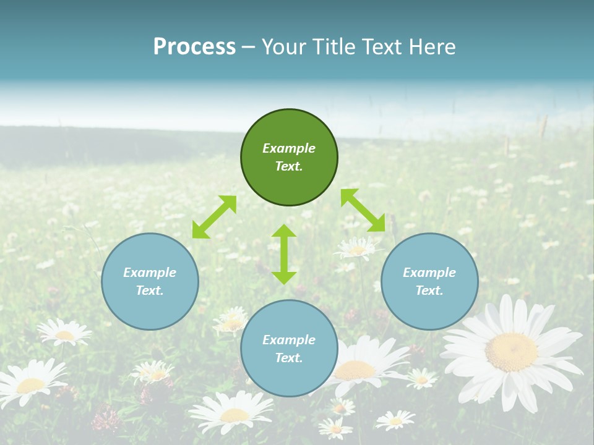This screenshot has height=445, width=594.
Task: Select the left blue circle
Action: tap(150, 281)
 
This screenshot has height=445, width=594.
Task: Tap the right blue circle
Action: tap(429, 281)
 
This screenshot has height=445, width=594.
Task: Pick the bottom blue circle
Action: tap(289, 348)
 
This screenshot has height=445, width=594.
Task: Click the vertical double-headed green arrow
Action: tap(284, 254)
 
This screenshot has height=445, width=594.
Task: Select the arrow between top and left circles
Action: tap(214, 217)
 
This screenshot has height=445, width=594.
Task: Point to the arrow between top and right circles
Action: tap(363, 210)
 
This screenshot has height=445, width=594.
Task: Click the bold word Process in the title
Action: tap(194, 46)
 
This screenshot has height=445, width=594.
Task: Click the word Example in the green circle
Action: tap(289, 148)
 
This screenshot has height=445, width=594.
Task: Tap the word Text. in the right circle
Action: tap(429, 290)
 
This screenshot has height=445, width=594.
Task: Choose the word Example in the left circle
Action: tap(150, 273)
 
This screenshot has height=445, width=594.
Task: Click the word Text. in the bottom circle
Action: tap(289, 358)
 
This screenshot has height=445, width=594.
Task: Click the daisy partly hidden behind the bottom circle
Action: tap(359, 368)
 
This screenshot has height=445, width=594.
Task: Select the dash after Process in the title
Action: tap(248, 47)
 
